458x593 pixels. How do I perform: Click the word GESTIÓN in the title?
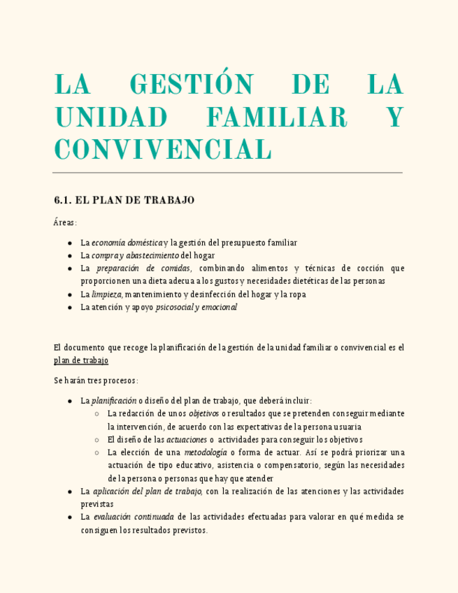click(192, 85)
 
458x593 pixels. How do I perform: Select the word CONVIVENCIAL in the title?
click(162, 149)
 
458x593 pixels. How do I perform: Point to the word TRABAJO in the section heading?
click(169, 201)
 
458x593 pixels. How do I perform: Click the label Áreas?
click(66, 222)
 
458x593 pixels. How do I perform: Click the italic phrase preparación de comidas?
click(143, 269)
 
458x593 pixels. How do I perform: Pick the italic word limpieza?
click(107, 294)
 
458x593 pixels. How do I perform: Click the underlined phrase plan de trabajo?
click(81, 361)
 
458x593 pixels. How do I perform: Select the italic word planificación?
click(114, 401)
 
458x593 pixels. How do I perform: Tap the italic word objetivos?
click(204, 413)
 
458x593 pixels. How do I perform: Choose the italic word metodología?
click(205, 452)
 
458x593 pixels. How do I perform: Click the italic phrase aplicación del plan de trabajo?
click(147, 492)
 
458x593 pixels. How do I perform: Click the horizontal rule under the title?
click(228, 172)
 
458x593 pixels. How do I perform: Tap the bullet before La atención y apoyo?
click(70, 307)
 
